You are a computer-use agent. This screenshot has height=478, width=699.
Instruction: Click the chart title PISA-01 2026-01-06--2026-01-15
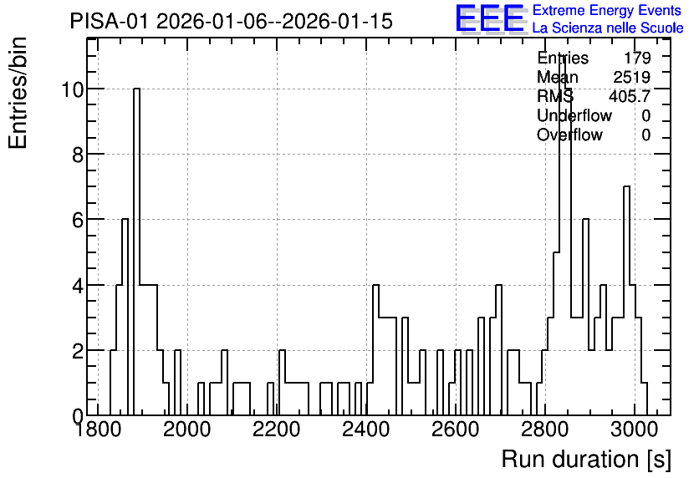231,21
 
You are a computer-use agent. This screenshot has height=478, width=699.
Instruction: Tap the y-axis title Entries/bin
18,93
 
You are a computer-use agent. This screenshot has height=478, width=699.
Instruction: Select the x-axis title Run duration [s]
586,459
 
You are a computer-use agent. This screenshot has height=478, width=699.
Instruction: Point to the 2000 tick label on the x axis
186,430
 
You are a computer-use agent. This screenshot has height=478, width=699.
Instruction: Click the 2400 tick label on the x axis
366,430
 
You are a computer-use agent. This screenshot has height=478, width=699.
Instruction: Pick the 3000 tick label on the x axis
635,430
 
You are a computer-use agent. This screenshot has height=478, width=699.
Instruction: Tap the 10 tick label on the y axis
72,89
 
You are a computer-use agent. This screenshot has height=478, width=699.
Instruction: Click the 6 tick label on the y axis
78,220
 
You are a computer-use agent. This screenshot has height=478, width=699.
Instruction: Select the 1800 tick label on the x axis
98,430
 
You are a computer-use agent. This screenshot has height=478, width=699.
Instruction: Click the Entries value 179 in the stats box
637,58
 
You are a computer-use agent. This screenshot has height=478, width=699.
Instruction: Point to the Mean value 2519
631,77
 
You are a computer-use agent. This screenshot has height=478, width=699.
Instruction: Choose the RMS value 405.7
630,96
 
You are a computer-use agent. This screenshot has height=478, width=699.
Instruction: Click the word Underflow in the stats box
574,115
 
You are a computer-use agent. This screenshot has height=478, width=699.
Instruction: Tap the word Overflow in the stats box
569,135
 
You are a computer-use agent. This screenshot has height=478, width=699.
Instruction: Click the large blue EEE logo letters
490,18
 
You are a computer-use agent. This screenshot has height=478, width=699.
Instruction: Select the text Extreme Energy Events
607,10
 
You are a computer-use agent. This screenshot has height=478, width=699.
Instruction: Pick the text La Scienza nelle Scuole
608,28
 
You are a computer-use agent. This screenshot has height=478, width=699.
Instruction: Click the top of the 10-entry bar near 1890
136,89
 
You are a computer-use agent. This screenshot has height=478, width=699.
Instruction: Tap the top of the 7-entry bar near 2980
626,186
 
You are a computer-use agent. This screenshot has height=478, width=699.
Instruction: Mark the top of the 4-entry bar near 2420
375,285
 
